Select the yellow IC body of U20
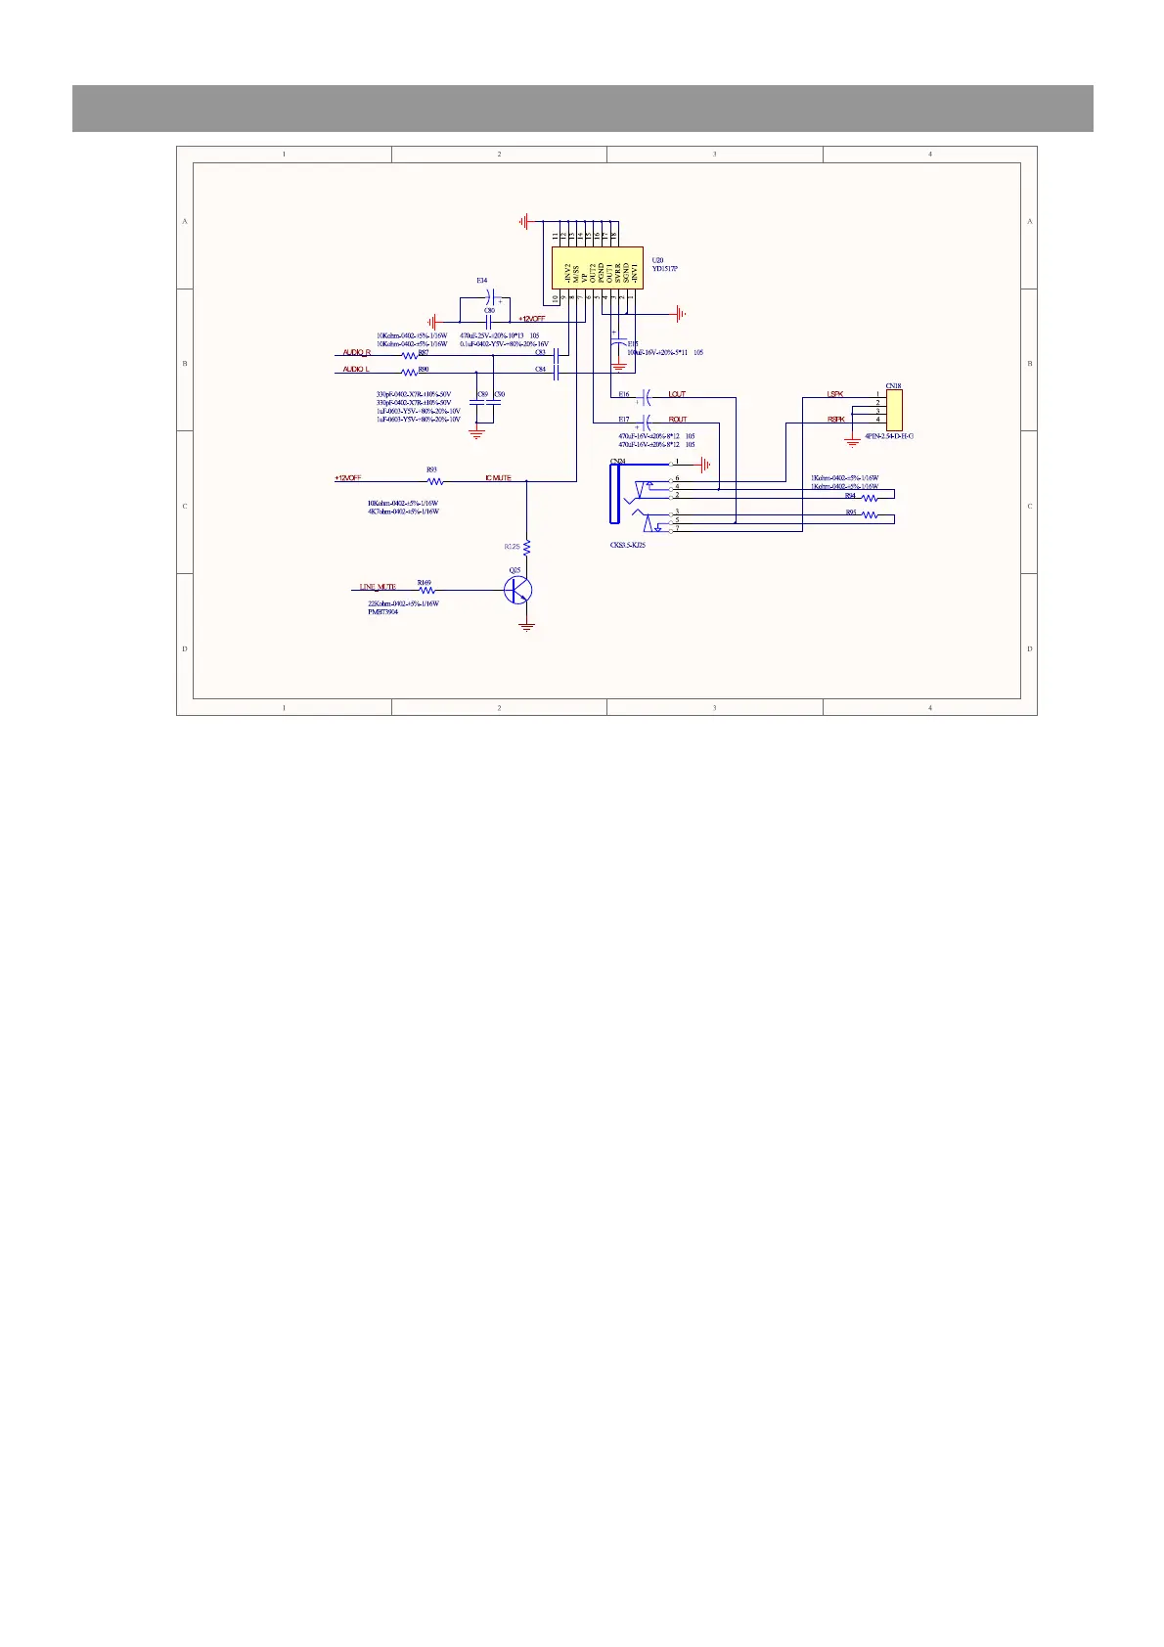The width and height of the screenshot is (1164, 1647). coord(597,267)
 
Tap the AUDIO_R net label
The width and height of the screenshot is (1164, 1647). coord(356,352)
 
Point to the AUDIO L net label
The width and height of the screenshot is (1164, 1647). coord(356,370)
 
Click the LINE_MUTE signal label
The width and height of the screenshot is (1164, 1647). coord(378,587)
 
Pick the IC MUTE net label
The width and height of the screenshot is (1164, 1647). coord(498,478)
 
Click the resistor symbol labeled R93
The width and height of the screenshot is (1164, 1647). coord(435,481)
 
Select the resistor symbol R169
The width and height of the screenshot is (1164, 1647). coord(425,590)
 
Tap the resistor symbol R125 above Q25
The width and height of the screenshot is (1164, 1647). coord(527,546)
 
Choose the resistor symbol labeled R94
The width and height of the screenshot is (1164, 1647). coord(870,498)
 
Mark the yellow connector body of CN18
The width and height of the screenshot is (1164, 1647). coord(894,408)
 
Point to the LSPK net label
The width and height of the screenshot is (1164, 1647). coord(834,394)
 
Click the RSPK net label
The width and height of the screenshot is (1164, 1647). coord(835,420)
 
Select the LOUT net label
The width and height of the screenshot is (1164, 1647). coord(677,394)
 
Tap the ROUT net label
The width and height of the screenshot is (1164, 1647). coord(678,420)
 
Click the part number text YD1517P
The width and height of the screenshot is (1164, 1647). coord(665,268)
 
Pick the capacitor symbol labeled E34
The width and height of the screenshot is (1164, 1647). coord(495,294)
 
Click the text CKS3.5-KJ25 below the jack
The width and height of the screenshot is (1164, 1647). coord(627,545)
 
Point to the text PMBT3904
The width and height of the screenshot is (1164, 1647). coord(382,612)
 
